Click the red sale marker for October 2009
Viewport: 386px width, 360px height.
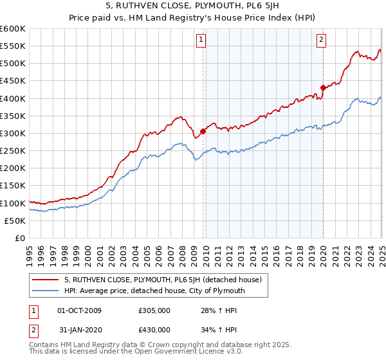(x=203, y=131)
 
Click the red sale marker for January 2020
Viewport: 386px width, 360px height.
(x=323, y=87)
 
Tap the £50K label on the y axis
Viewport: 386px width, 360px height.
(x=15, y=221)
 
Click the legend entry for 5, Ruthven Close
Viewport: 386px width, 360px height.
(x=163, y=280)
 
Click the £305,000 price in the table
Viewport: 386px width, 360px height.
(x=154, y=311)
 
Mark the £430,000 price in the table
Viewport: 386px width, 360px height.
(x=154, y=330)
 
